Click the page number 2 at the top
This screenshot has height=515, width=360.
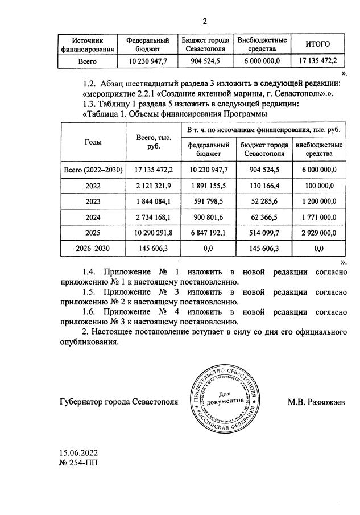(x=205, y=22)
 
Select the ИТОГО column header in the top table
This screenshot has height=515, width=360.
(x=318, y=44)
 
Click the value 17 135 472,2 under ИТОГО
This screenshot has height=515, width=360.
(x=318, y=60)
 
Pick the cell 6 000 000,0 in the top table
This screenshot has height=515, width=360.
(x=261, y=60)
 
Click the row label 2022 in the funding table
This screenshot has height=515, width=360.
(x=93, y=186)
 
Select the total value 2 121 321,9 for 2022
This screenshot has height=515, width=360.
(x=150, y=186)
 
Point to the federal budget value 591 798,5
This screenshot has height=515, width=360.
(x=209, y=201)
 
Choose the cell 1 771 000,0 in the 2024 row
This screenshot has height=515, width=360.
(x=319, y=217)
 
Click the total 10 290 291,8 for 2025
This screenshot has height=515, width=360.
(x=150, y=233)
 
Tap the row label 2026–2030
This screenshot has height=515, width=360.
(x=93, y=249)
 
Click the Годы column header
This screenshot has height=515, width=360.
(x=93, y=142)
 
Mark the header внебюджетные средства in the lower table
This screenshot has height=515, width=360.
(x=319, y=150)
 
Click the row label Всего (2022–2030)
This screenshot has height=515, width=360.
(x=93, y=170)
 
